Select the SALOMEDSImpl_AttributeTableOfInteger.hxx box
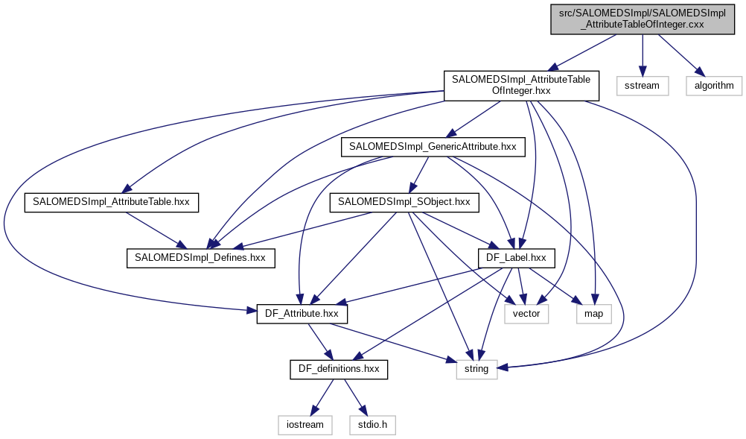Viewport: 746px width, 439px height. [x=521, y=85]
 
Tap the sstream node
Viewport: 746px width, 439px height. [x=641, y=85]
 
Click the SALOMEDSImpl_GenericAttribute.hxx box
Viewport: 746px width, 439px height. [x=433, y=147]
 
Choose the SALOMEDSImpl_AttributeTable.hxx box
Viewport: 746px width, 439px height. [x=112, y=202]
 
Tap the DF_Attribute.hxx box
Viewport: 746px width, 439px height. [x=302, y=314]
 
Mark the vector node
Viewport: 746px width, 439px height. [x=526, y=314]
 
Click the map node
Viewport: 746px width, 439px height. [x=593, y=314]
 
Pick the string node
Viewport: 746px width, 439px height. [x=476, y=368]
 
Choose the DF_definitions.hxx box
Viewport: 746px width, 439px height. [x=339, y=368]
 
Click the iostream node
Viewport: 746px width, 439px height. [x=305, y=424]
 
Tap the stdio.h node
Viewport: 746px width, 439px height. [x=372, y=424]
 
